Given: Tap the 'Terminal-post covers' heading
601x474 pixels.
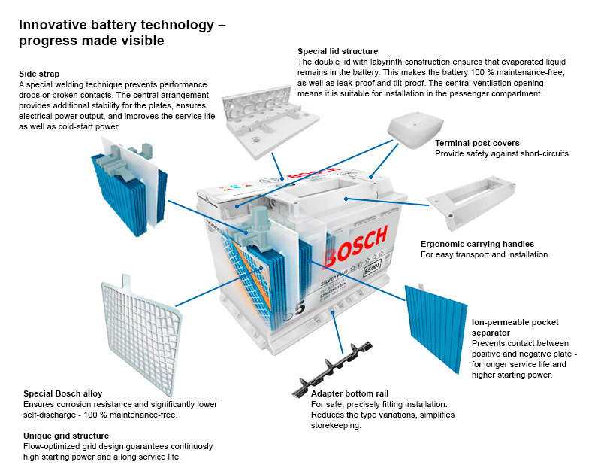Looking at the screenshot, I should click(477, 143).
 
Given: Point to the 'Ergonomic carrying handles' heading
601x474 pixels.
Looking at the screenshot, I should click(477, 245).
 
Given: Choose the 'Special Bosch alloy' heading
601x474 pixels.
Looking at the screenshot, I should click(63, 393).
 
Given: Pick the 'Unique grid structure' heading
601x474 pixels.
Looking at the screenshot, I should click(66, 436).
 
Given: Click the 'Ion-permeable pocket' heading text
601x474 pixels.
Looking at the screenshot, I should click(515, 322).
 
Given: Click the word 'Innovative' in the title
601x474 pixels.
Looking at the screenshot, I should click(50, 25).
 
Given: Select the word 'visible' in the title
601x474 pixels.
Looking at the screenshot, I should click(142, 40).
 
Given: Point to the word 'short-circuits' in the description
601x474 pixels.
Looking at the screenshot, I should click(545, 153).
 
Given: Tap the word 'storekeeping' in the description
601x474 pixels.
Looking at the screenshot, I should click(336, 425).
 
